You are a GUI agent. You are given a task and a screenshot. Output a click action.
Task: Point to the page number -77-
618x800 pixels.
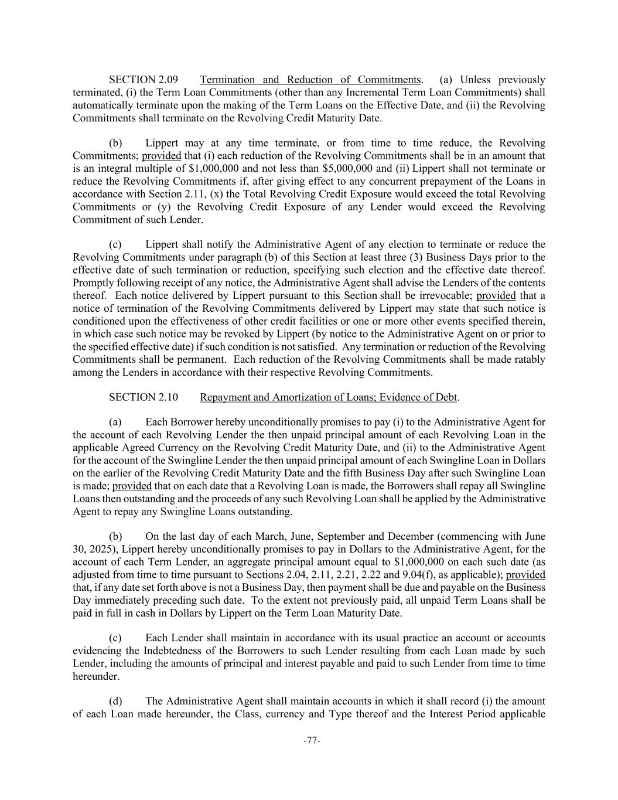pos(312,741)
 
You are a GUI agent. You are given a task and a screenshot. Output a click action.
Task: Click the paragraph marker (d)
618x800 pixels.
pos(115,701)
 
